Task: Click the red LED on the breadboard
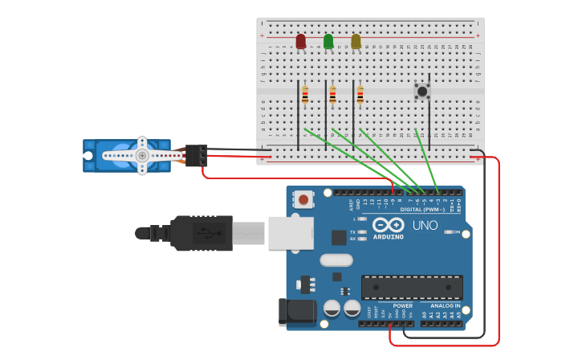coord(301,41)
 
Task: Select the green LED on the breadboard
coord(328,41)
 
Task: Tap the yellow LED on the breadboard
coord(356,41)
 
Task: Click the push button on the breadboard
coord(421,91)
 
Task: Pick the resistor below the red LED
coord(305,96)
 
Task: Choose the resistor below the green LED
coord(332,96)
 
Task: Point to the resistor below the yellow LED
coord(360,96)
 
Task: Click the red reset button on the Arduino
coord(303,198)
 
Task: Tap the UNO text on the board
coord(425,226)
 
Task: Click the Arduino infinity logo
coord(389,226)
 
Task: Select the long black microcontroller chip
coord(412,287)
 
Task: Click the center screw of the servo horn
coord(141,155)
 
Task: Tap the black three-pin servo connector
coord(197,155)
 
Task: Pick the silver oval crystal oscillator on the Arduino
coord(336,260)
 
